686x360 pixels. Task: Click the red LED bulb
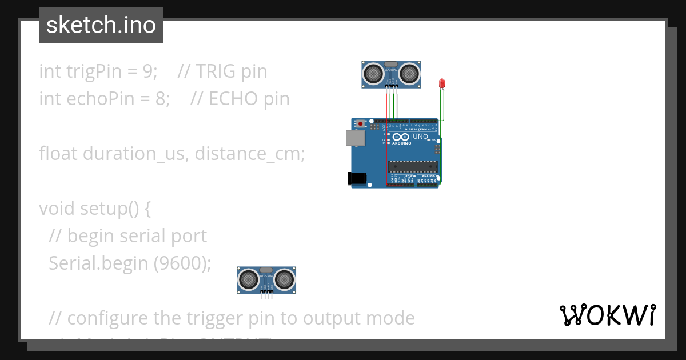click(442, 83)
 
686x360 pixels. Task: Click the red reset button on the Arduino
click(360, 123)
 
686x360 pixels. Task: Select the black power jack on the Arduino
click(357, 178)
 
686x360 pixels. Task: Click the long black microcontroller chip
click(413, 166)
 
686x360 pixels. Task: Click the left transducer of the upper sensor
click(373, 73)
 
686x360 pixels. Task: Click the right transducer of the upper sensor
click(409, 73)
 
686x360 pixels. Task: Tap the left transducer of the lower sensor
click(249, 279)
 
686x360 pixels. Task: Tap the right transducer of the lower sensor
click(284, 279)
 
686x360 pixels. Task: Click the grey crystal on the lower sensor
click(266, 269)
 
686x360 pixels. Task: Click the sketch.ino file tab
click(101, 25)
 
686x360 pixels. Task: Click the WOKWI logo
click(607, 315)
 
